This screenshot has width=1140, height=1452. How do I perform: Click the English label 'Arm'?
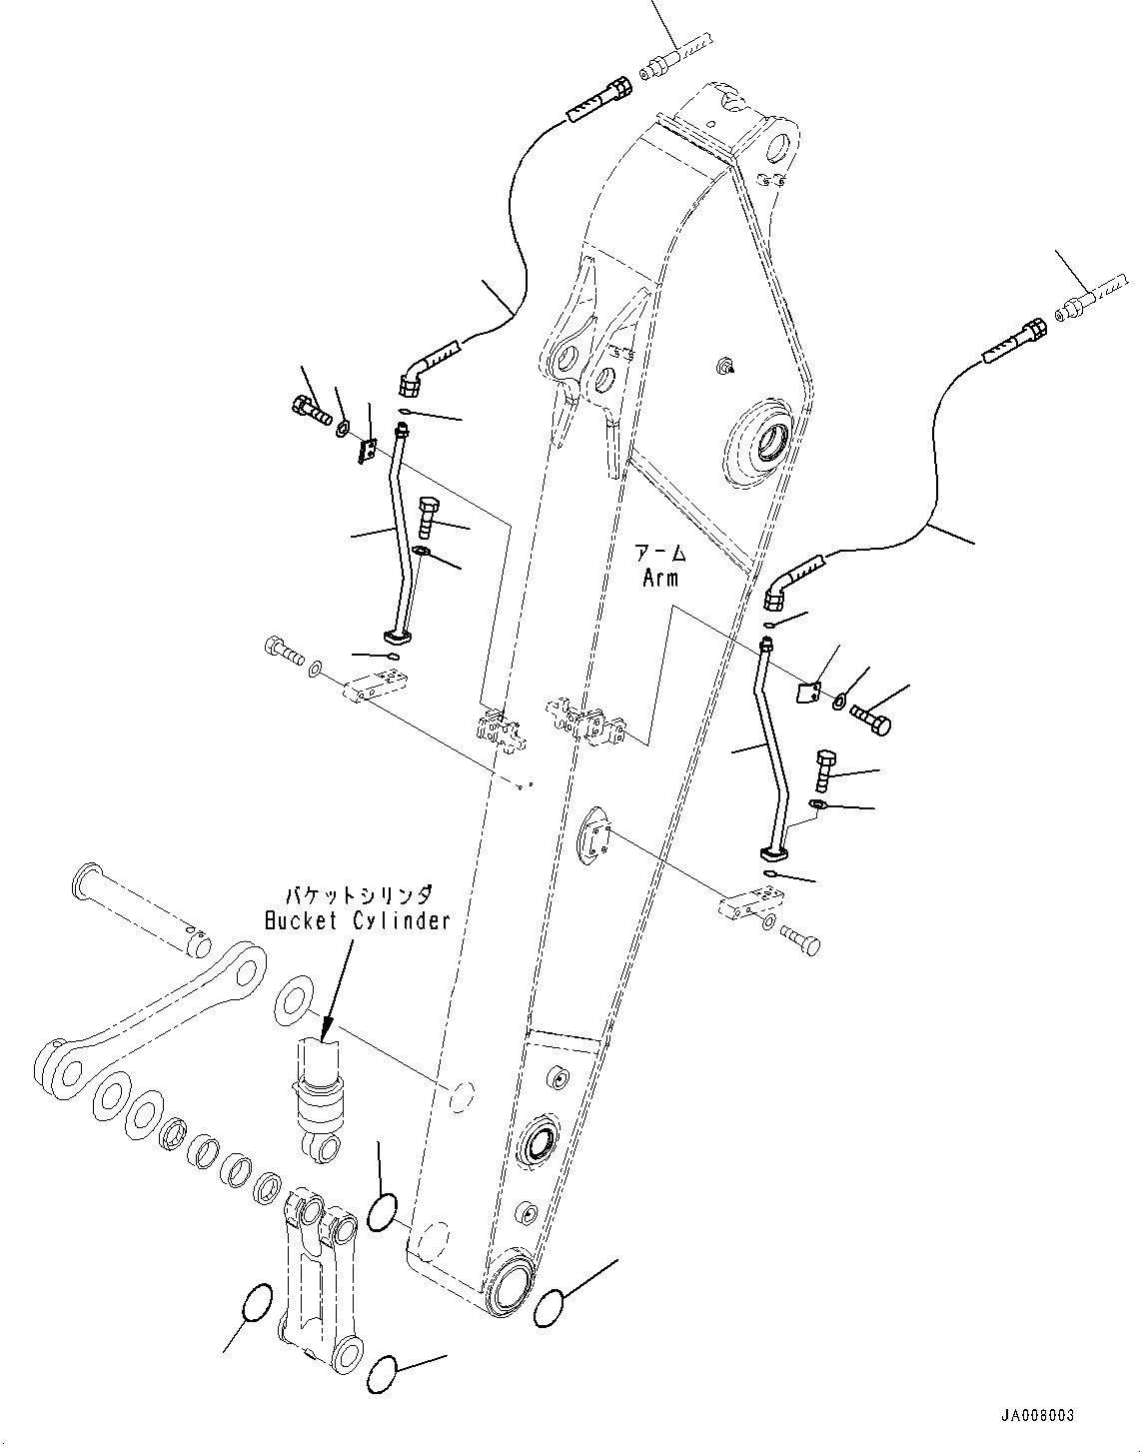pos(659,578)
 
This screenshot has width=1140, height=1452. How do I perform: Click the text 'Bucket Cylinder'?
pos(357,920)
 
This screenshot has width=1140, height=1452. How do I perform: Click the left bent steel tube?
pos(405,530)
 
